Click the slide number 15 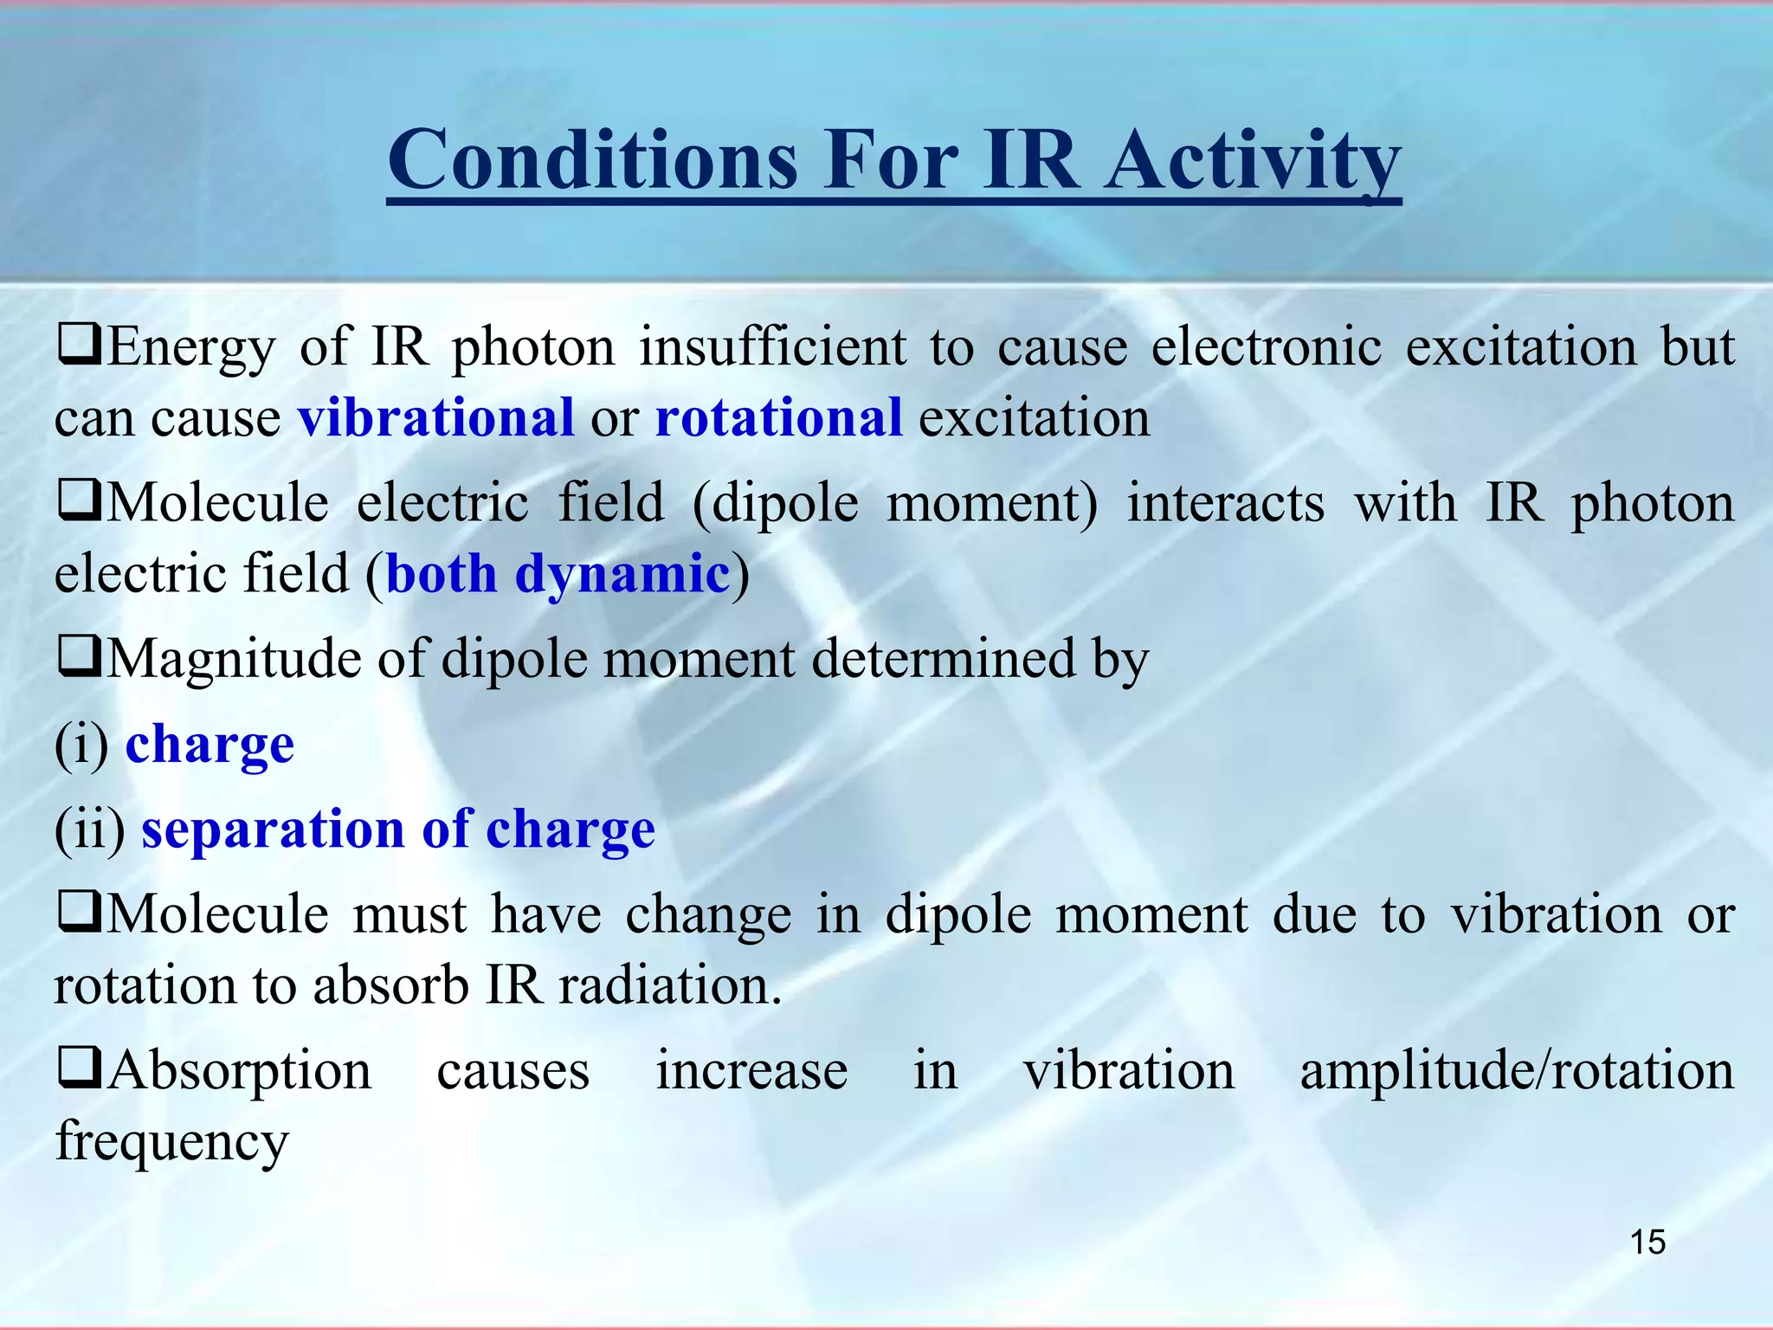1647,1242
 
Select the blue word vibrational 435,418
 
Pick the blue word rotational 778,418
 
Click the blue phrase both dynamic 558,574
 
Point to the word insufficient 773,347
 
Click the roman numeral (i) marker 81,745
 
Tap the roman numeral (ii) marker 90,830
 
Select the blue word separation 273,830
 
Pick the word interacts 1225,503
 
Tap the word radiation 670,985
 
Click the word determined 942,659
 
